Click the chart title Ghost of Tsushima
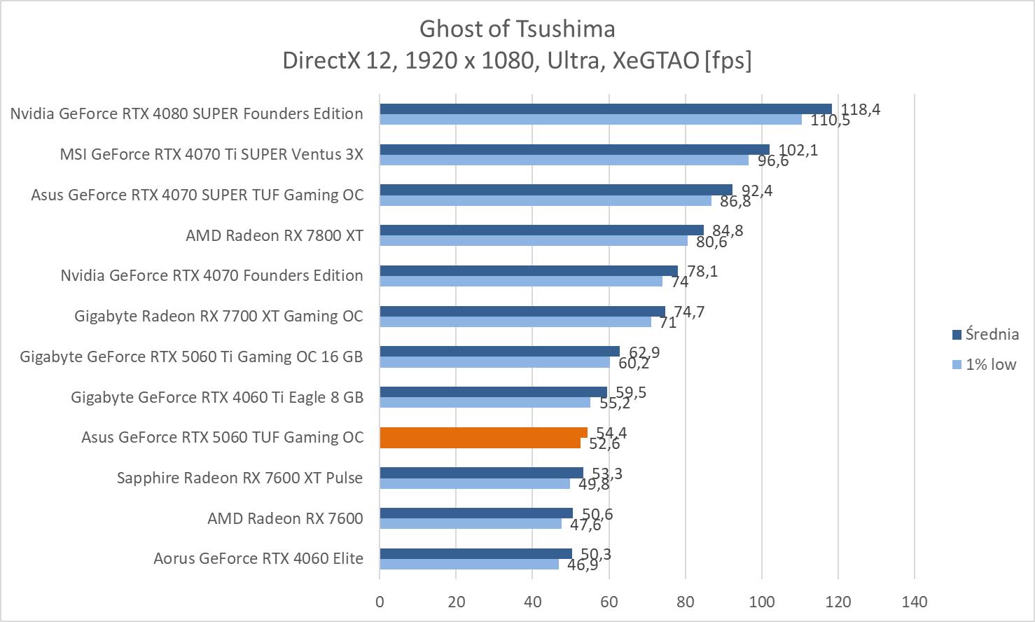coord(517,29)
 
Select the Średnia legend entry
coord(984,334)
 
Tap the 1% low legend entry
coord(984,364)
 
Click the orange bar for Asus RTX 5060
coord(483,438)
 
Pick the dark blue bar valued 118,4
coord(606,109)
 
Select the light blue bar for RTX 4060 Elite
coord(469,564)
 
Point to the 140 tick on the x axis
coord(915,602)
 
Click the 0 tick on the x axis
coord(380,602)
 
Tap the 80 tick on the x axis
coord(686,602)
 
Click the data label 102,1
coord(798,150)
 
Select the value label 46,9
coord(583,565)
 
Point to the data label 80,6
coord(711,242)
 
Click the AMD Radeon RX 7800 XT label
coord(274,235)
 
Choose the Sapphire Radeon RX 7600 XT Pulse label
coord(239,478)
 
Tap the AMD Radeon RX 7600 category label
coord(285,518)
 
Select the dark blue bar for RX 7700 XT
coord(522,311)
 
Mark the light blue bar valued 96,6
coord(564,160)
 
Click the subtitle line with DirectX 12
coord(517,61)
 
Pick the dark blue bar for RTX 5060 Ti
coord(499,352)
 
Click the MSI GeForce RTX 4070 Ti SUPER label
coord(211,154)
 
